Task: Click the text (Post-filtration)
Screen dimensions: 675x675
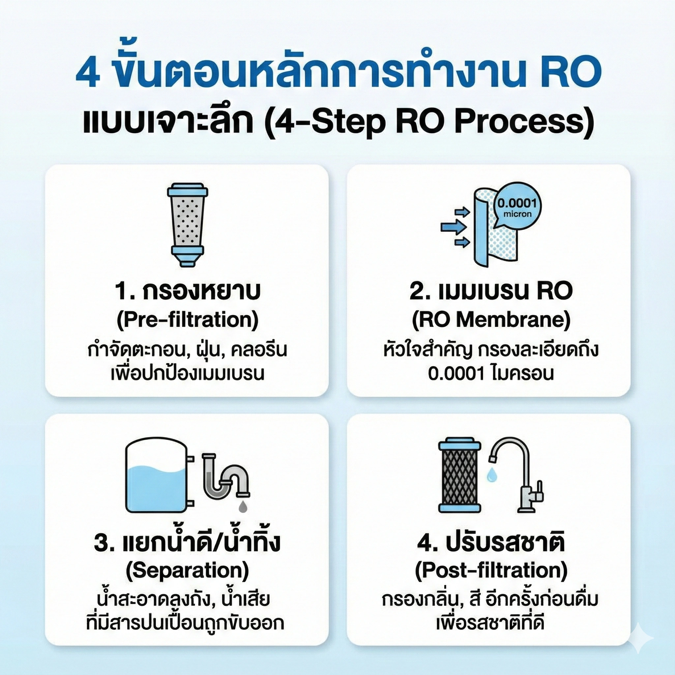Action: point(490,570)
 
